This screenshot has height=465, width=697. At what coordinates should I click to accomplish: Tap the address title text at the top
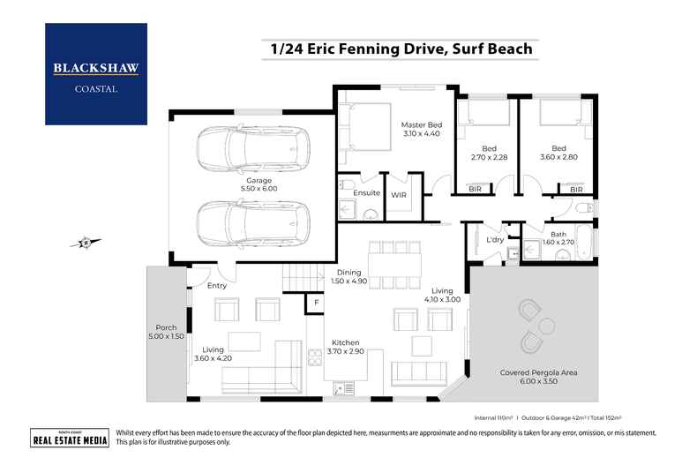click(396, 49)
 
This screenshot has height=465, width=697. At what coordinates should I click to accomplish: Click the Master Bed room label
click(421, 131)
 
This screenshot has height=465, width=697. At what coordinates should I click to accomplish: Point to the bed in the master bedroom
click(365, 127)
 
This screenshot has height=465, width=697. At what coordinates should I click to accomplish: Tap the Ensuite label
click(365, 192)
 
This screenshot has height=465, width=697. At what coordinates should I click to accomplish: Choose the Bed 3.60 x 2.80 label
click(558, 154)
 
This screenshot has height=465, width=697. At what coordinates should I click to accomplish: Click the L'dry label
click(494, 239)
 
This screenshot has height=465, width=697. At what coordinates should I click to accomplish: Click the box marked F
click(316, 303)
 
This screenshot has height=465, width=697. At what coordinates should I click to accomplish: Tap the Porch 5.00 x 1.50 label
click(166, 332)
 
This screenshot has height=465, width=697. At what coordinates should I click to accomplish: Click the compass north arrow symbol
click(85, 242)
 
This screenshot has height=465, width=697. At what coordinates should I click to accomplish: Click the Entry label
click(216, 285)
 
